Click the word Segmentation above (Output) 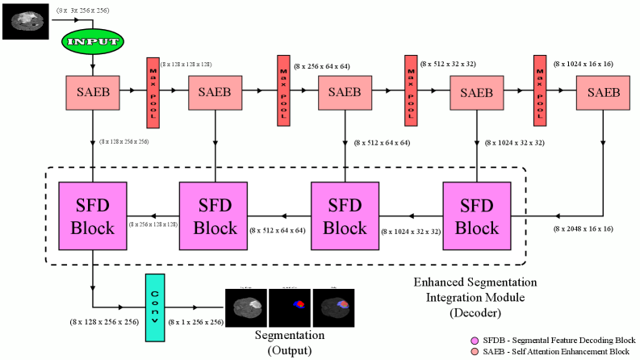pyautogui.click(x=290, y=334)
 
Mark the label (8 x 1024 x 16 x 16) pyautogui.click(x=584, y=62)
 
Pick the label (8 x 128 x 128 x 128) pyautogui.click(x=186, y=62)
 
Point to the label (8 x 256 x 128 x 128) pyautogui.click(x=153, y=224)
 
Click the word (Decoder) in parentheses pyautogui.click(x=463, y=311)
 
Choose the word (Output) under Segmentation pyautogui.click(x=290, y=350)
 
